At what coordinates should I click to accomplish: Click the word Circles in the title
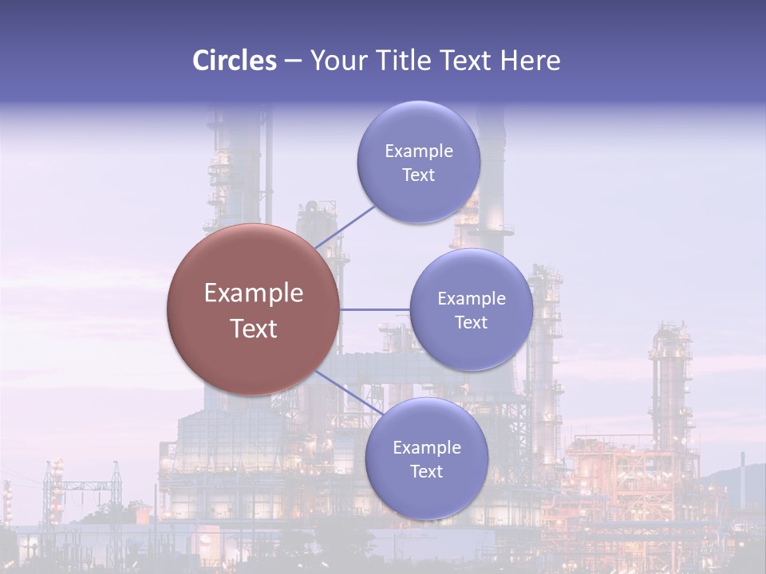(x=235, y=61)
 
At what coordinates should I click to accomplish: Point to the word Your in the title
(x=338, y=61)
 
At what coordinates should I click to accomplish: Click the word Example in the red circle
(x=254, y=293)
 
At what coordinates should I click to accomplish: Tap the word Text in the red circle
(x=254, y=328)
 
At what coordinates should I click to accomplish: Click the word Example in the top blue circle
(x=419, y=151)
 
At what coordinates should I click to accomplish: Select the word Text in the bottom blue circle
(x=426, y=471)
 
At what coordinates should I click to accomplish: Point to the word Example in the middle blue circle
(x=472, y=299)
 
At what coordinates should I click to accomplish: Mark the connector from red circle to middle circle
(x=375, y=309)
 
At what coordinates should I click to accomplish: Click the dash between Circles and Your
(x=293, y=61)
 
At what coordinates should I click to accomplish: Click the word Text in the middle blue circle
(x=472, y=323)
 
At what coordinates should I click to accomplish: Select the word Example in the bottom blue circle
(x=426, y=447)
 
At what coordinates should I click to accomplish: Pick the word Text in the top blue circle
(x=419, y=175)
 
